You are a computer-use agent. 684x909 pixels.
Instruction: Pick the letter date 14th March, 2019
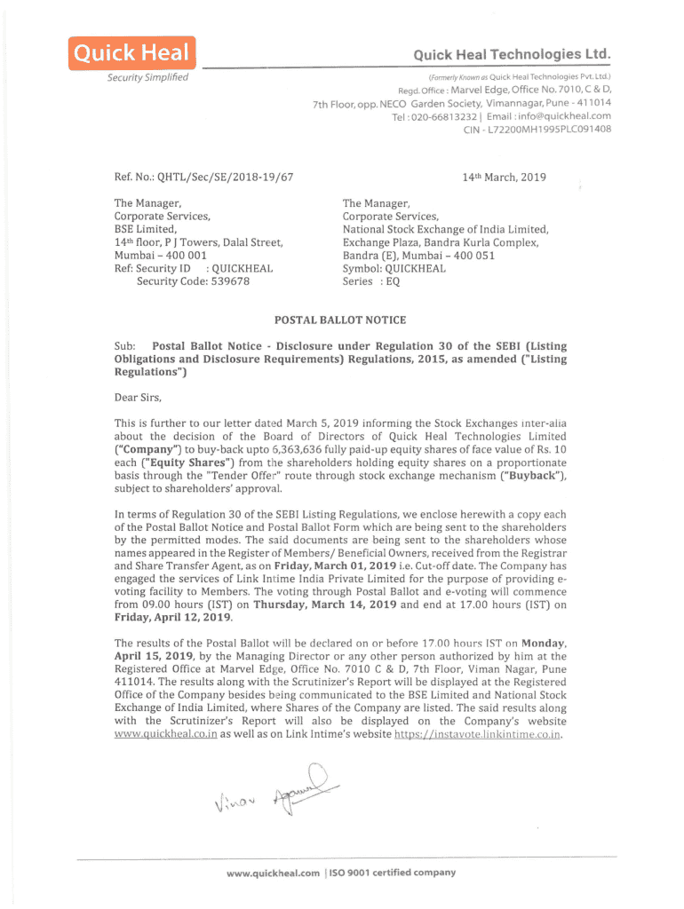[504, 178]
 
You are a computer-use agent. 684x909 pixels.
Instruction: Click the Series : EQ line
[371, 281]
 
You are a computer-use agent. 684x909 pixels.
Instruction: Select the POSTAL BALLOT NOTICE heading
[340, 320]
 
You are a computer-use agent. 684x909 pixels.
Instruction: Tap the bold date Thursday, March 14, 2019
[322, 605]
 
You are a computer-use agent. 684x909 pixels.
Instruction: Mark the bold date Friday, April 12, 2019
[173, 618]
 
